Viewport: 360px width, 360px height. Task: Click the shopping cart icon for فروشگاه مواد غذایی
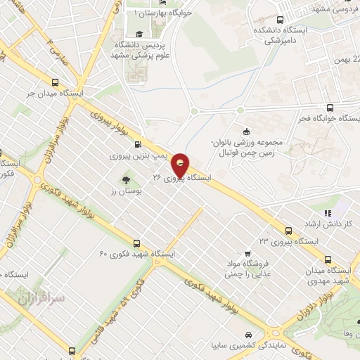coord(247,254)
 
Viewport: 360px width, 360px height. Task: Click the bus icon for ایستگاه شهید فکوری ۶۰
coord(136,241)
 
